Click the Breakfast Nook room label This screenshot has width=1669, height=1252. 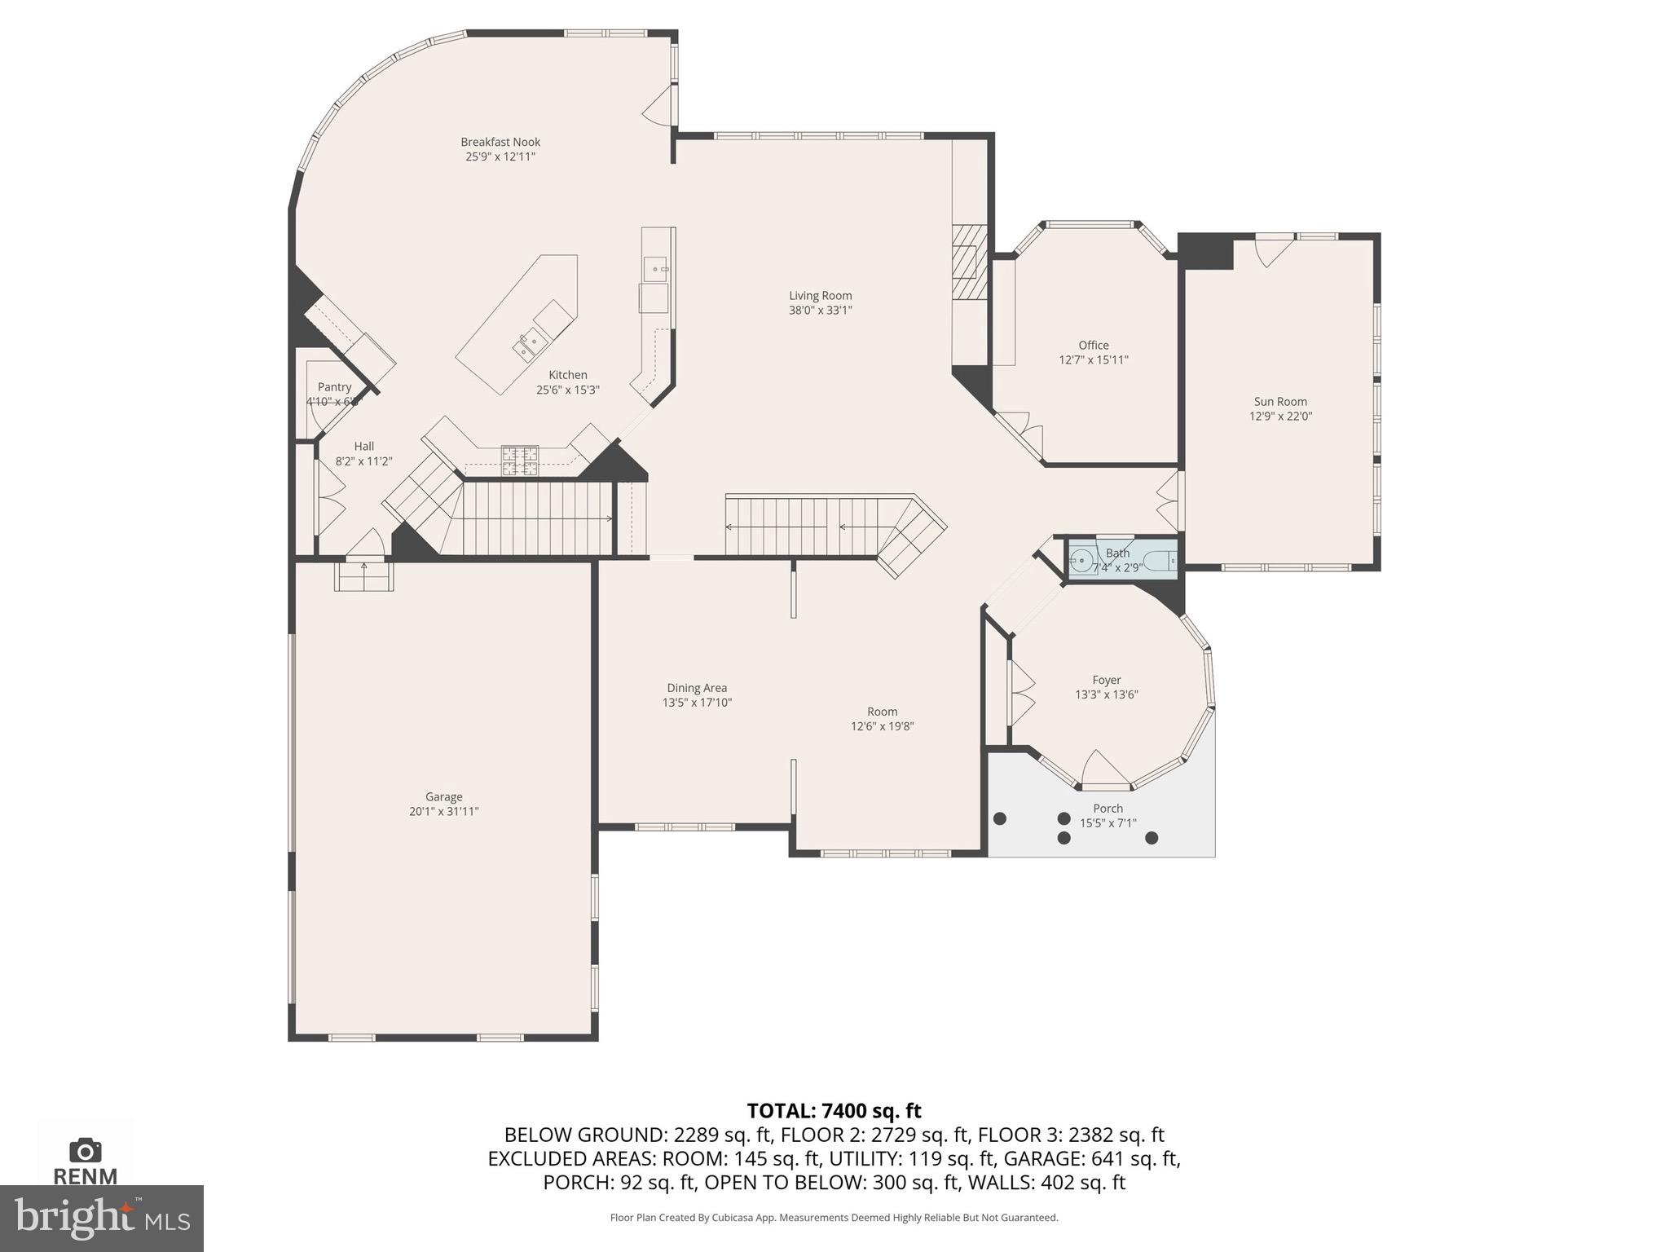[500, 142]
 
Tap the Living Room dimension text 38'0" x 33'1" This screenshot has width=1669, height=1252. [820, 311]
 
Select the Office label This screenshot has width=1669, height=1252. [1093, 345]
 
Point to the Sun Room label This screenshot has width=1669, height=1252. [1280, 402]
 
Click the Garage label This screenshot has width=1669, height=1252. [443, 797]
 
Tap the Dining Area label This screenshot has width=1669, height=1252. [697, 688]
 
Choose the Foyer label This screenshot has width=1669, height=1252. [1106, 680]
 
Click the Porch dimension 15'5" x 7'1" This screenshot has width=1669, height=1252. [1108, 823]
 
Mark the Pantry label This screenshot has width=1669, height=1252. [334, 387]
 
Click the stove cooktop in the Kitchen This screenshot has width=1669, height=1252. [519, 460]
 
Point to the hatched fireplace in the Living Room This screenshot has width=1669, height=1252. [969, 262]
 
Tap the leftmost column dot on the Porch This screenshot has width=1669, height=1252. [1000, 818]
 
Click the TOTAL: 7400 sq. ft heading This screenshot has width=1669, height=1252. [834, 1111]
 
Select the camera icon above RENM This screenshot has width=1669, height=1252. [86, 1150]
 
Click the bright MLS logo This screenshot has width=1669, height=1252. [102, 1218]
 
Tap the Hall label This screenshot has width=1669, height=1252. [364, 447]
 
